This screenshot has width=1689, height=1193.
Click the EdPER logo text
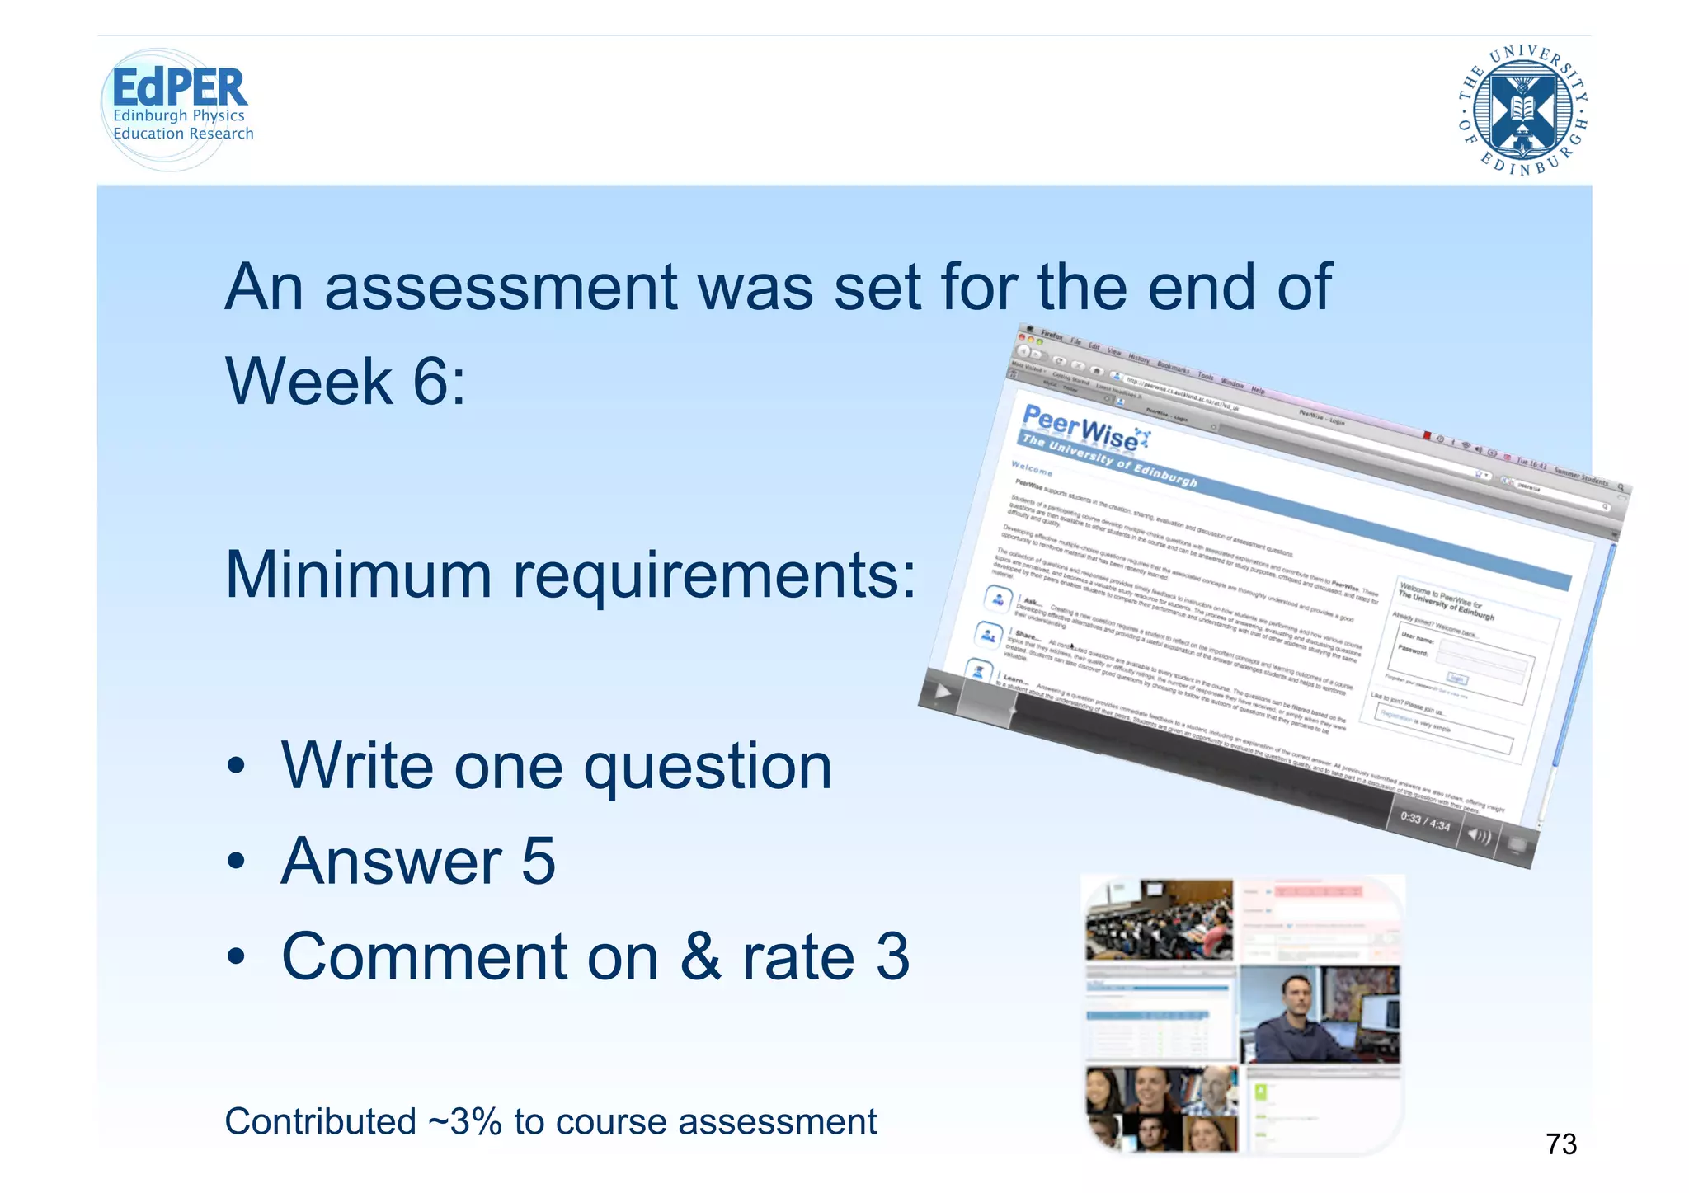point(179,87)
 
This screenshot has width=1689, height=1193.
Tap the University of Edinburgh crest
point(1522,110)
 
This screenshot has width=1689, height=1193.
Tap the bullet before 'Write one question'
point(237,767)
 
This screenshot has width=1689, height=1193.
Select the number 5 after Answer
point(539,862)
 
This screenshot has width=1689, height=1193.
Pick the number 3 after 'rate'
point(892,957)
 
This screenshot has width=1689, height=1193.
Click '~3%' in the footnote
point(464,1122)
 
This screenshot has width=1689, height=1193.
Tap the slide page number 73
point(1560,1144)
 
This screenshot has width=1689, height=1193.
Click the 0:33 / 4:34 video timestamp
point(1424,821)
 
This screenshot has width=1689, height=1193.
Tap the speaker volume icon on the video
point(1480,836)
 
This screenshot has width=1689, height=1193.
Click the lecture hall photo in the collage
point(1159,919)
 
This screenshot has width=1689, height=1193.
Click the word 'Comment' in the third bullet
point(469,957)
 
